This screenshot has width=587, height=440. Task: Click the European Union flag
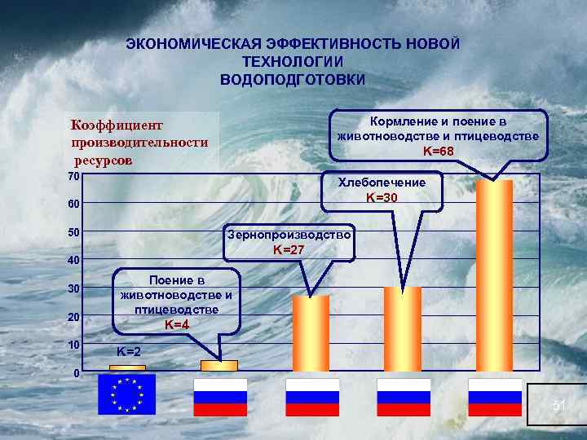(126, 395)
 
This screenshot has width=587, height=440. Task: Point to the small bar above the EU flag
(127, 368)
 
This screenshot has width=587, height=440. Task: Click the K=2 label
(128, 352)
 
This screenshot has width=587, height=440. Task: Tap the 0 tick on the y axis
(75, 373)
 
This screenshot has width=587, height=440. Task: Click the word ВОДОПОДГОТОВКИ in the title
(293, 80)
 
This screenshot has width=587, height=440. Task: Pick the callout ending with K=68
(438, 134)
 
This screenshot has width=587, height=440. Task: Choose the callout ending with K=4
(176, 301)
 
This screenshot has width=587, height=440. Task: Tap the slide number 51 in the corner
(558, 405)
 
